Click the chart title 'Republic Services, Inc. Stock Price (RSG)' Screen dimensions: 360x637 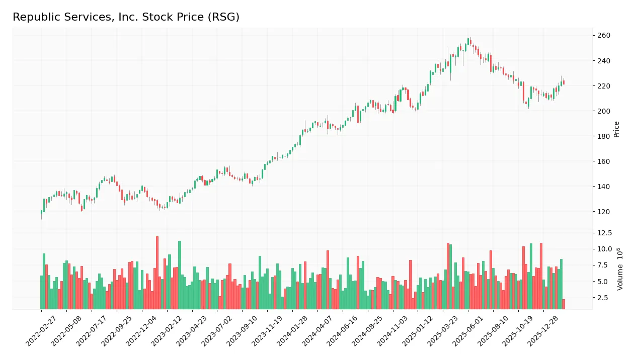(126, 17)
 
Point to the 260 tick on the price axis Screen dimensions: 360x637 (603, 36)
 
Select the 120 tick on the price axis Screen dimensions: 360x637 (603, 212)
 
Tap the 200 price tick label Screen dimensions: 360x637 (603, 111)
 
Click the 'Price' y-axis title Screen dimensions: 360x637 (616, 129)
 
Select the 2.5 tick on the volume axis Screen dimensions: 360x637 (604, 298)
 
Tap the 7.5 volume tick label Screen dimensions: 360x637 (604, 265)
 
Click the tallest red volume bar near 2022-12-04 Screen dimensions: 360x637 (157, 273)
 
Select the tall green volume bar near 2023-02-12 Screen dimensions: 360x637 (180, 275)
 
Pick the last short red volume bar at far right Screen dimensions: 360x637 (564, 304)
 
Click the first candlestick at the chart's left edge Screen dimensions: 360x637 (41, 212)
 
